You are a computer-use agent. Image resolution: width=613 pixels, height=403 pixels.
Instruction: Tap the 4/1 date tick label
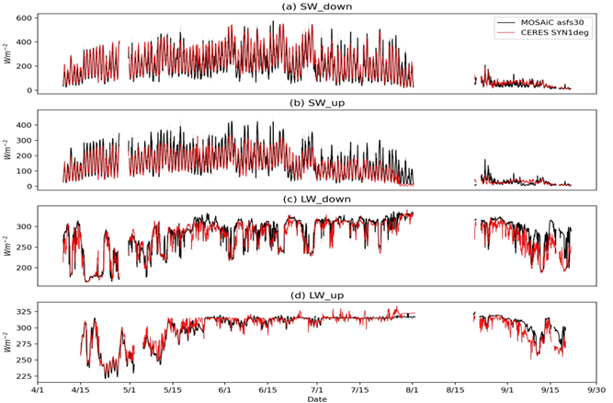click(x=38, y=389)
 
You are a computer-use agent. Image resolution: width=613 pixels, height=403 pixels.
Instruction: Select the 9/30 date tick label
click(x=598, y=389)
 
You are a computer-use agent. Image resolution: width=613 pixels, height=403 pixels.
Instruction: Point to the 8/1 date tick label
click(x=412, y=389)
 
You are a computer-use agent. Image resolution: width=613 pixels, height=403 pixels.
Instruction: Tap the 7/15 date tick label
click(x=361, y=389)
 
